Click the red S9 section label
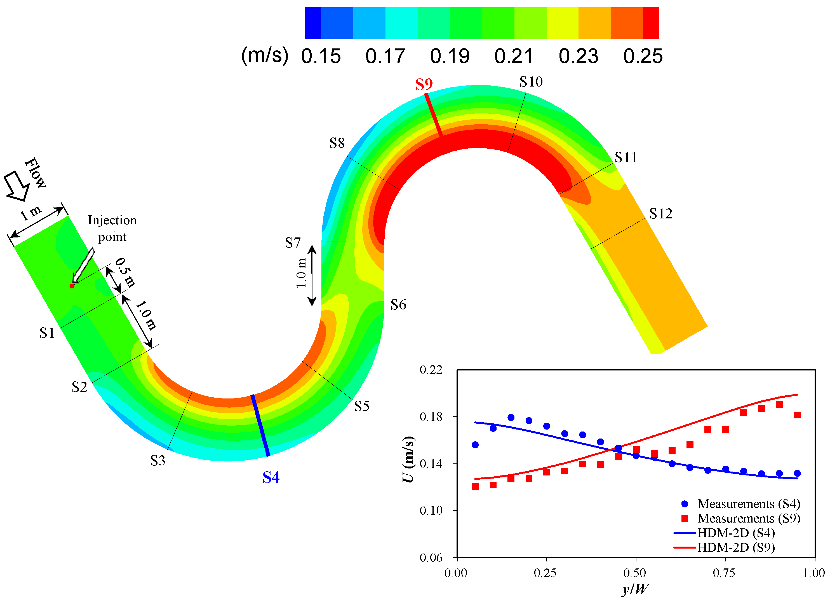coord(424,85)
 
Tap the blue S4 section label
coord(271,477)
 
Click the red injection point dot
coord(72,286)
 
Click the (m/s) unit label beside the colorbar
coord(265,55)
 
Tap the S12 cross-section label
coord(660,214)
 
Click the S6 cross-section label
coord(398,304)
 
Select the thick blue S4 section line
coord(260,425)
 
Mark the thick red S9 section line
coord(434,115)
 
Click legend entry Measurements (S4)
coord(748,504)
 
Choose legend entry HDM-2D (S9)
coord(735,547)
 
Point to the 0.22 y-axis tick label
coord(431,370)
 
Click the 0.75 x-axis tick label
coord(723,573)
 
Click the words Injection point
coord(112,228)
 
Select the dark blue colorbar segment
coord(313,23)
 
